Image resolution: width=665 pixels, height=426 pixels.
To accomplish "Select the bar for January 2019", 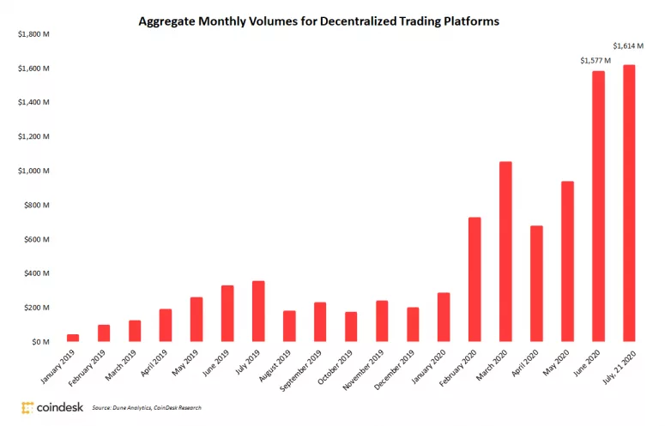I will pos(73,338).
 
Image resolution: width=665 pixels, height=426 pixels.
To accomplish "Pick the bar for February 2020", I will pos(475,279).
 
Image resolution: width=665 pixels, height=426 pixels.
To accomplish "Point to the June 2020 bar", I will pos(598,206).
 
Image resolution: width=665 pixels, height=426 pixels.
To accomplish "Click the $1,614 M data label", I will pos(629,45).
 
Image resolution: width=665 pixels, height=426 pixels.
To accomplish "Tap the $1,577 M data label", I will pos(595,60).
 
